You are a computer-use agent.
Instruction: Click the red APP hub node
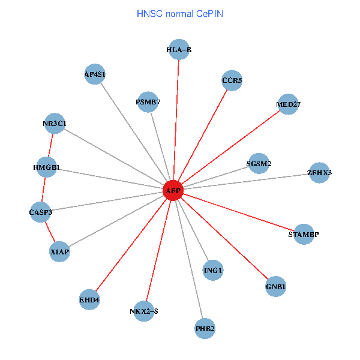(x=173, y=191)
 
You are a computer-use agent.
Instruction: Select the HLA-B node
(x=179, y=50)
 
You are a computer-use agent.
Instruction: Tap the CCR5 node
(x=232, y=80)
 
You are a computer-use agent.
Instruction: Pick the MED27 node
(x=288, y=104)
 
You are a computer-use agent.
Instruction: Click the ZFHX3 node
(x=319, y=173)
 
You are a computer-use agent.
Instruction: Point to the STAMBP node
(x=304, y=234)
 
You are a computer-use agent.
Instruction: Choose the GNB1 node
(x=276, y=287)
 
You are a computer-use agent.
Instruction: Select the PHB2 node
(x=205, y=329)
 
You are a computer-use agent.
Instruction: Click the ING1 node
(x=213, y=271)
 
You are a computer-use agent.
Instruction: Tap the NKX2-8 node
(x=144, y=311)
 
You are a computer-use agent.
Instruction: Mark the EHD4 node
(x=89, y=299)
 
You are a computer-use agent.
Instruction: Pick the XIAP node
(x=60, y=252)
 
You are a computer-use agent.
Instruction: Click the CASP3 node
(x=41, y=212)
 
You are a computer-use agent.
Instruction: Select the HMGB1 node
(x=47, y=167)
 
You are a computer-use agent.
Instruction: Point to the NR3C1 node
(x=55, y=124)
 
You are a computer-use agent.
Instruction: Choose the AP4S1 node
(x=95, y=74)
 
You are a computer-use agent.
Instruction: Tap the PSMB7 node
(x=148, y=102)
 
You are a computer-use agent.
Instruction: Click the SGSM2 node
(x=259, y=163)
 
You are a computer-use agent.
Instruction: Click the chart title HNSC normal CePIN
(x=180, y=13)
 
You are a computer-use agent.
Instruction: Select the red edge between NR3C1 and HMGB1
(x=51, y=146)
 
